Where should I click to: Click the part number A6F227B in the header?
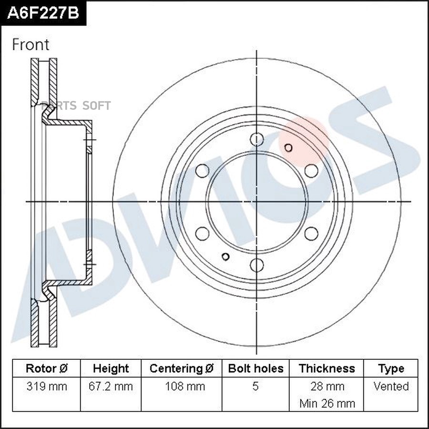pos(42,12)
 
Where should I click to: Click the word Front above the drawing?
pos(31,45)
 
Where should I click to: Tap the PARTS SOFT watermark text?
pos(76,105)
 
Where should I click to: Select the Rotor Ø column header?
pos(46,368)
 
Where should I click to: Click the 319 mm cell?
pos(46,386)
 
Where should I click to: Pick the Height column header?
pos(111,368)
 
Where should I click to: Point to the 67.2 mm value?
pos(111,386)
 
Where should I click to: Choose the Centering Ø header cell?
pos(182,368)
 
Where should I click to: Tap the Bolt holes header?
pos(255,368)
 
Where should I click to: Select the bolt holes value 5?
pos(255,386)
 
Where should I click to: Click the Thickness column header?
pos(327,368)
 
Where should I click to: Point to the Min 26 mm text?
pos(327,403)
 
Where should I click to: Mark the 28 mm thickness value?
pos(327,386)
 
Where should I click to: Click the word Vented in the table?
pos(391,386)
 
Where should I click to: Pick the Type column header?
pos(391,368)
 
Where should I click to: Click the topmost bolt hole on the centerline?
pos(257,139)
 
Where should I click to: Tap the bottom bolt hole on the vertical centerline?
pos(257,265)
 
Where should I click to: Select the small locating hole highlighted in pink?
pos(288,147)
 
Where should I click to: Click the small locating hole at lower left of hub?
pos(226,257)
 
